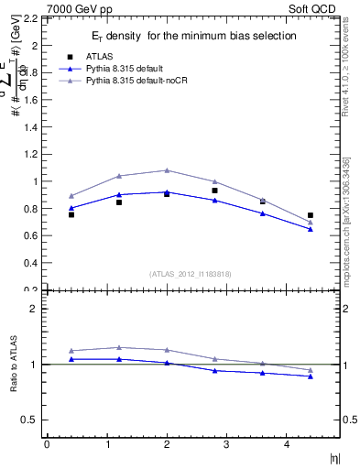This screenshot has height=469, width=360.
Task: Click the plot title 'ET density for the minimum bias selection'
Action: [191, 36]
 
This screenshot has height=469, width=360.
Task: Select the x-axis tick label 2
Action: [167, 444]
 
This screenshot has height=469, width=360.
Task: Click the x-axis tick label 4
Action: [286, 444]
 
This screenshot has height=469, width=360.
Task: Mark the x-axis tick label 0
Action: [47, 444]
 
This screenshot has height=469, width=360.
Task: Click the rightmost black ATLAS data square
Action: [311, 215]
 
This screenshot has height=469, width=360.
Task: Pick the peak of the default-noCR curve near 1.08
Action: [167, 170]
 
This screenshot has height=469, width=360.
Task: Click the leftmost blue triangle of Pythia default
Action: [71, 208]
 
